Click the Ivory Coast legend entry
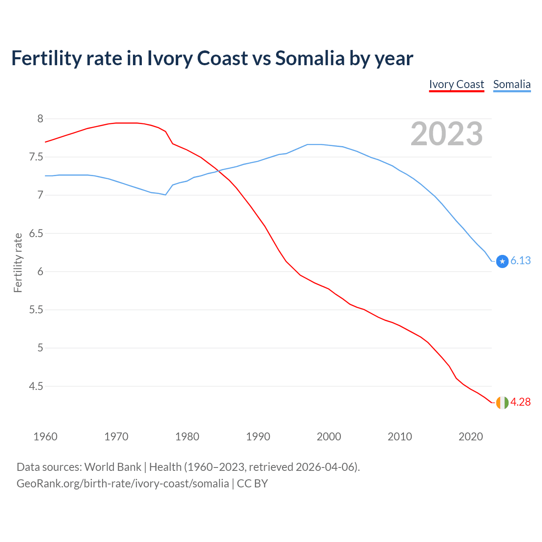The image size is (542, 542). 456,84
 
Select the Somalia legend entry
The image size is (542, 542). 512,84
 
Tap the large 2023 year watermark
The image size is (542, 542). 447,134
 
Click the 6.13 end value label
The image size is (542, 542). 520,261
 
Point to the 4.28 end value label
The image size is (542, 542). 520,402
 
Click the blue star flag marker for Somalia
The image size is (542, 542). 502,262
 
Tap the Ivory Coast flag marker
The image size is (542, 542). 502,403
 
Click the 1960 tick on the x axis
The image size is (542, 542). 45,437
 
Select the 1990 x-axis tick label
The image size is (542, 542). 258,437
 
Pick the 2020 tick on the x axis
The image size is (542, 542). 470,437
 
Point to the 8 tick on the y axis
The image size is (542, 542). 40,119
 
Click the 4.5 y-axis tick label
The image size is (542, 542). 36,387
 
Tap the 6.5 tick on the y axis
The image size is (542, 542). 36,234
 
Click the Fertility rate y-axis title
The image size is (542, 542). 18,263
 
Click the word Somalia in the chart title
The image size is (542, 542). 310,58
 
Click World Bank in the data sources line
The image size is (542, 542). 113,467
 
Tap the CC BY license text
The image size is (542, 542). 252,484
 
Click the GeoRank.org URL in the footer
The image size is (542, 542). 122,484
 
